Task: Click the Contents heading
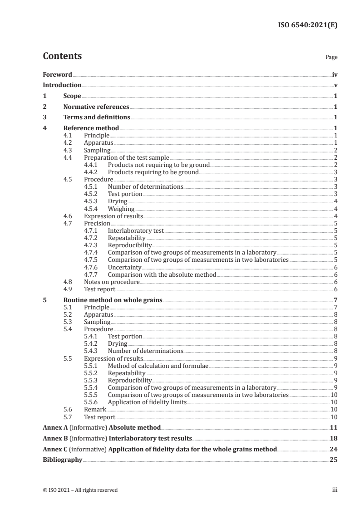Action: click(x=62, y=56)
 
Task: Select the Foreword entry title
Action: click(x=57, y=74)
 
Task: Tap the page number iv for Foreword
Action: click(x=334, y=74)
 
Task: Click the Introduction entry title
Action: click(x=62, y=85)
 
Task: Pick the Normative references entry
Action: click(x=96, y=107)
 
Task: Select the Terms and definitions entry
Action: click(x=97, y=117)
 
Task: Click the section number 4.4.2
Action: click(x=93, y=172)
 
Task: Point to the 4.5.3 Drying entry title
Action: click(x=118, y=201)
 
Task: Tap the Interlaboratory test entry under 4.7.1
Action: click(x=136, y=230)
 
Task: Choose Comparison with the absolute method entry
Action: click(x=162, y=274)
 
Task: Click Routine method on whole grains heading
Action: click(x=113, y=300)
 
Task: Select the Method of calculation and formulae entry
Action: click(x=158, y=365)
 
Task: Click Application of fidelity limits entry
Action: click(x=147, y=402)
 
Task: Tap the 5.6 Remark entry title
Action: click(x=95, y=409)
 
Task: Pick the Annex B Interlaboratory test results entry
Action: click(x=117, y=438)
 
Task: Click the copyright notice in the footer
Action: click(x=80, y=490)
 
